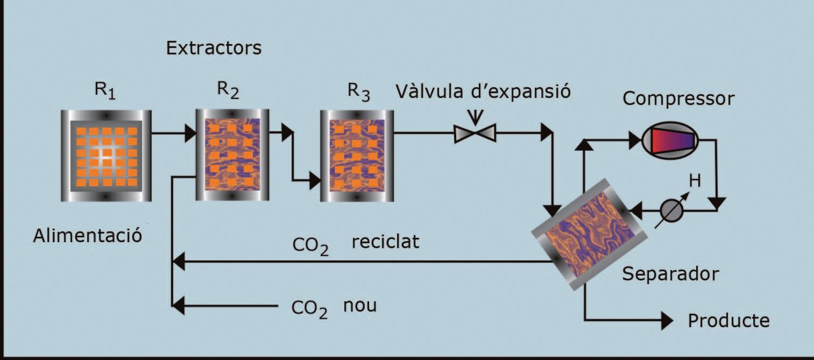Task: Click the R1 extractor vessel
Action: [x=106, y=156]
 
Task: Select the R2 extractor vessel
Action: [x=232, y=155]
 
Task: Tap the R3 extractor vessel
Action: [x=357, y=156]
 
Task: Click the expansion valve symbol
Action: [x=475, y=132]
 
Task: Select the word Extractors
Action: [x=214, y=48]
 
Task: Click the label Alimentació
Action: [x=87, y=235]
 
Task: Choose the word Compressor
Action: [x=678, y=98]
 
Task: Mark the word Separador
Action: [x=670, y=274]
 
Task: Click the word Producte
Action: [x=729, y=321]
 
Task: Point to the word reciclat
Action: [x=385, y=242]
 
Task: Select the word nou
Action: [x=360, y=306]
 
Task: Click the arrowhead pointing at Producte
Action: [x=667, y=321]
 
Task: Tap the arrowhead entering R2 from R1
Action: [x=190, y=133]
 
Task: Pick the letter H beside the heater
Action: [x=695, y=181]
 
